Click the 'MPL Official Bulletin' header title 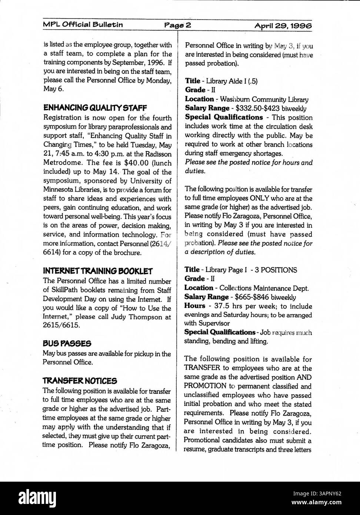[83, 25]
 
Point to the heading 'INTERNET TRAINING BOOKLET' [98, 271]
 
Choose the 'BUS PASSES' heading [67, 344]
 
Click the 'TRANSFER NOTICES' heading [80, 381]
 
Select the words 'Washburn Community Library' [264, 99]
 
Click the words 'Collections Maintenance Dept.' [264, 288]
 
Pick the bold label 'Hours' [194, 306]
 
